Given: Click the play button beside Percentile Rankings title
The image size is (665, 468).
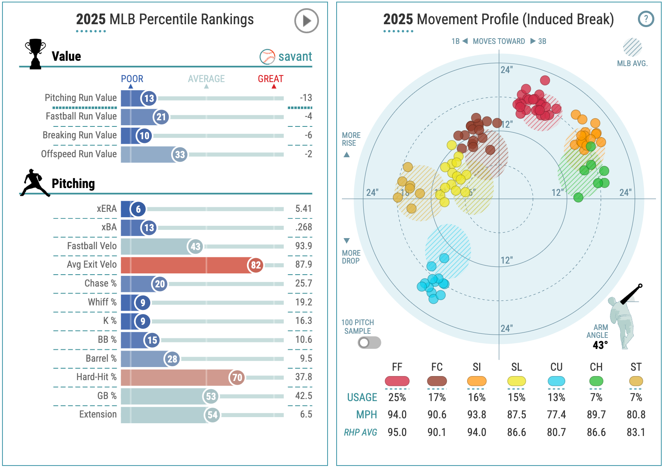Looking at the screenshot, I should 306,21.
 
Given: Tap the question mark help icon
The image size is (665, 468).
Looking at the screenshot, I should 646,19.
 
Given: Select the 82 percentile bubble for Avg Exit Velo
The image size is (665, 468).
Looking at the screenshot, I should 256,265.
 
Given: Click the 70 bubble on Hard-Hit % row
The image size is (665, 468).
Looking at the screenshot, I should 237,378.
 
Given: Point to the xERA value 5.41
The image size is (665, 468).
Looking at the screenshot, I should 303,209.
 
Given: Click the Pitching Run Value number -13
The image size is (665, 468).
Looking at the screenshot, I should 306,98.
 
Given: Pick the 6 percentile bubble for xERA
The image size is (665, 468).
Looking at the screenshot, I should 138,209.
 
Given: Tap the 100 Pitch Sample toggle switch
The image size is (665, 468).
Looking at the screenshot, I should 369,342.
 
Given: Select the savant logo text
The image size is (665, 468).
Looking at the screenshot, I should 295,57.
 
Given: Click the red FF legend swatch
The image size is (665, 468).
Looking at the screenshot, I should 397,381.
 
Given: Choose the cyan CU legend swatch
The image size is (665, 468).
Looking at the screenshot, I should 556,381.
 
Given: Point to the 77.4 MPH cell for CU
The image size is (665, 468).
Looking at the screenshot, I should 556,415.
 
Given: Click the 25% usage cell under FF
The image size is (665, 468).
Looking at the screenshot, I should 397,397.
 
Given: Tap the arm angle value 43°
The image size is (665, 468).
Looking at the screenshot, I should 600,345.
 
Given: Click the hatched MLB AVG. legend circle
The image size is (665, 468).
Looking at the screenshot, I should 632,47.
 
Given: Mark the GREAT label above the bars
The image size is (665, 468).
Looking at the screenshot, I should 271,79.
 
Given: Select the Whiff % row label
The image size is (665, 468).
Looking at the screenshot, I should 102,302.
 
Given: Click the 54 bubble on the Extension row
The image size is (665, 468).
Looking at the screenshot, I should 212,415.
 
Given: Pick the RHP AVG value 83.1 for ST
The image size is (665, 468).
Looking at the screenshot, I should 635,432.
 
